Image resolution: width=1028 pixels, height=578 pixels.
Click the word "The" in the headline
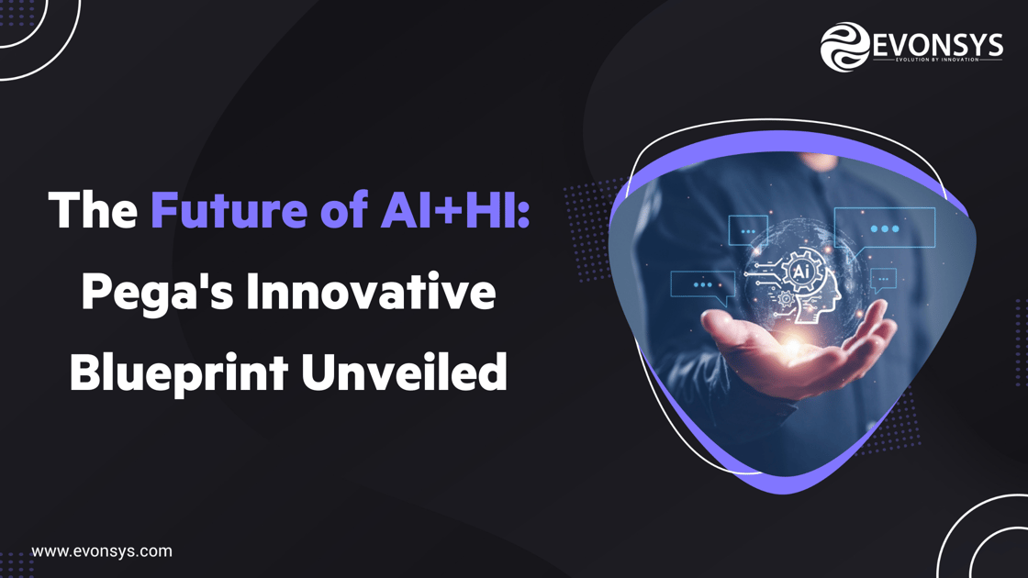[93, 210]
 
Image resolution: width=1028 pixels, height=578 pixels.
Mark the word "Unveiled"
[404, 372]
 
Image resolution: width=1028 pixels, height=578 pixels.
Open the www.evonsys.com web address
[102, 551]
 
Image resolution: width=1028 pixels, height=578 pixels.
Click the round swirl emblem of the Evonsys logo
[844, 47]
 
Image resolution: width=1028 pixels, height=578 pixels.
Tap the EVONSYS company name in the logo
[937, 43]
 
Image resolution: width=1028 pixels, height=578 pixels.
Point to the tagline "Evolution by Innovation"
[937, 61]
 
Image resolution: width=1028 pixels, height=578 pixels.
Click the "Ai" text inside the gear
[800, 272]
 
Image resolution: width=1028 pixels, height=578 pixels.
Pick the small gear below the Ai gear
[787, 299]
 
